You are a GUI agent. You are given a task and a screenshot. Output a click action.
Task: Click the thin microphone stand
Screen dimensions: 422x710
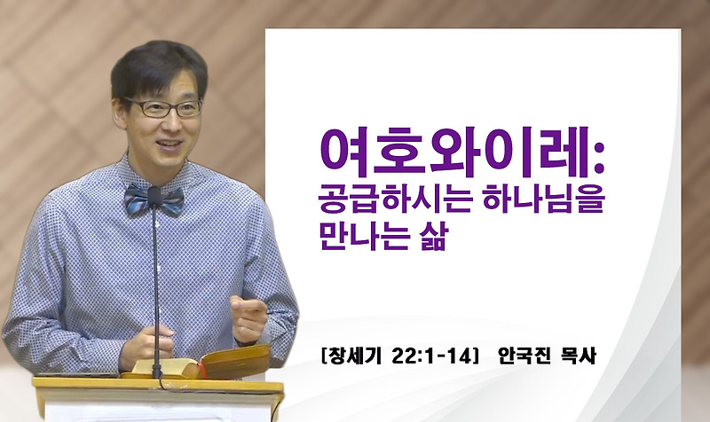point(158,284)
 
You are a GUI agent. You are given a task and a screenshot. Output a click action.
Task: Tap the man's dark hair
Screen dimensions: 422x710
point(155,66)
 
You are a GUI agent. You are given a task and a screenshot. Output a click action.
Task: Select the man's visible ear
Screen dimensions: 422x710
point(118,120)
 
